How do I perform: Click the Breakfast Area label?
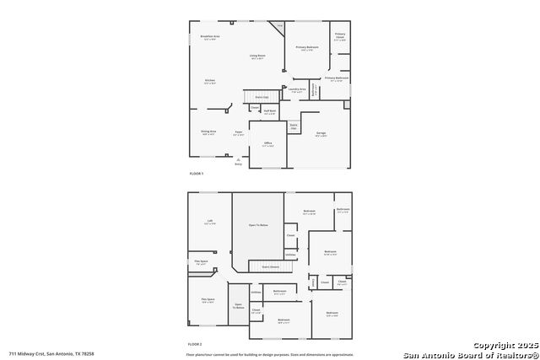[x=210, y=36]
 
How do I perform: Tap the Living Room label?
[x=257, y=56]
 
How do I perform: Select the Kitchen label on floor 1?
[x=210, y=81]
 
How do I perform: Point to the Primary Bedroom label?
[x=307, y=47]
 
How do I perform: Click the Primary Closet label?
[x=339, y=35]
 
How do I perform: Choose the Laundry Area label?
[x=297, y=89]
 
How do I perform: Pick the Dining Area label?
[x=208, y=131]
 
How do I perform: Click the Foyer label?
[x=239, y=132]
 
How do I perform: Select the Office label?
[x=267, y=144]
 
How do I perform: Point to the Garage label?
[x=321, y=133]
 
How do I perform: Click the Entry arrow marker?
[x=239, y=162]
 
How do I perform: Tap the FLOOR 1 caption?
[x=196, y=174]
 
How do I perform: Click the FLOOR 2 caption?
[x=196, y=344]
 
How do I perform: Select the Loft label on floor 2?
[x=209, y=222]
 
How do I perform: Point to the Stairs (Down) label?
[x=271, y=267]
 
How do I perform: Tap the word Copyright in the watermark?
[x=490, y=345]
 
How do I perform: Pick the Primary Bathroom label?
[x=336, y=78]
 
